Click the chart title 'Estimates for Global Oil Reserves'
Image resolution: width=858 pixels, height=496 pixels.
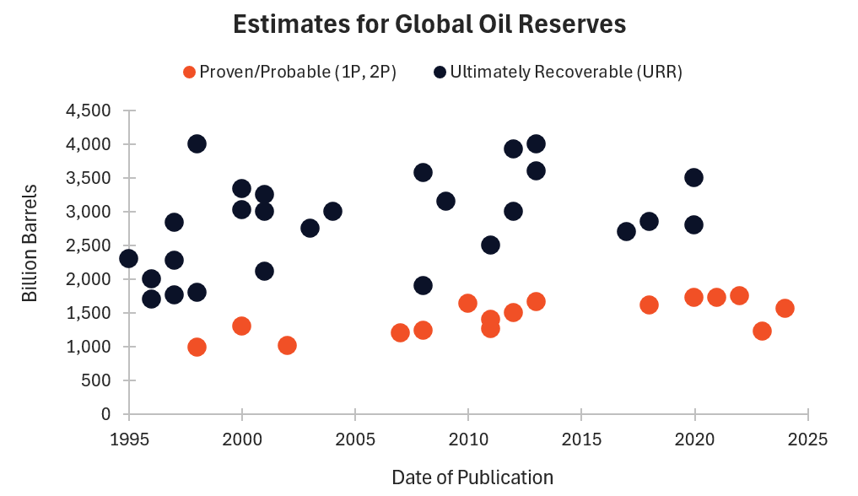pos(429,24)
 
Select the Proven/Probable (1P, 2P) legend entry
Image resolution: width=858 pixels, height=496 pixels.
pos(289,72)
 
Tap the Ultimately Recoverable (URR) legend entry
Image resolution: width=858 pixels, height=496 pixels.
pos(558,72)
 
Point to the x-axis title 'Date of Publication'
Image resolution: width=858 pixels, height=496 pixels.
pos(472,477)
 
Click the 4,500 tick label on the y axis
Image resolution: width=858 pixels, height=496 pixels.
pos(89,111)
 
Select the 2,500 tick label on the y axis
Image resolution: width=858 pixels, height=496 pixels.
pos(89,245)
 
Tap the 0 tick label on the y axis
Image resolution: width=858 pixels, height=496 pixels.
pos(106,414)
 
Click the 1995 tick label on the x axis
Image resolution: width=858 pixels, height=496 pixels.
pos(129,439)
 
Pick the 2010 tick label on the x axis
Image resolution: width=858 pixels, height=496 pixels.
pos(468,439)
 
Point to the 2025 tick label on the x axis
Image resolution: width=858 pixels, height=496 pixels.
pos(808,439)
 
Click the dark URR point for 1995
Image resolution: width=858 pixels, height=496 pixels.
pos(129,258)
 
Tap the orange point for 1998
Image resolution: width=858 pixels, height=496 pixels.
pos(197,347)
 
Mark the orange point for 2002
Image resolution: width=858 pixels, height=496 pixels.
pos(287,345)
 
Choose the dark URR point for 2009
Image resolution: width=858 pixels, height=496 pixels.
pos(445,201)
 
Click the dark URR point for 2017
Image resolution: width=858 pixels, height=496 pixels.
pos(626,231)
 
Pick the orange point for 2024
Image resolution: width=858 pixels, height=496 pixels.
pos(785,308)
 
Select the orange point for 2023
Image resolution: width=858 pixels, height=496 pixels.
pos(762,331)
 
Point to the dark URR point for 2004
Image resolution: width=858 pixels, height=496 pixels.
pos(332,211)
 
